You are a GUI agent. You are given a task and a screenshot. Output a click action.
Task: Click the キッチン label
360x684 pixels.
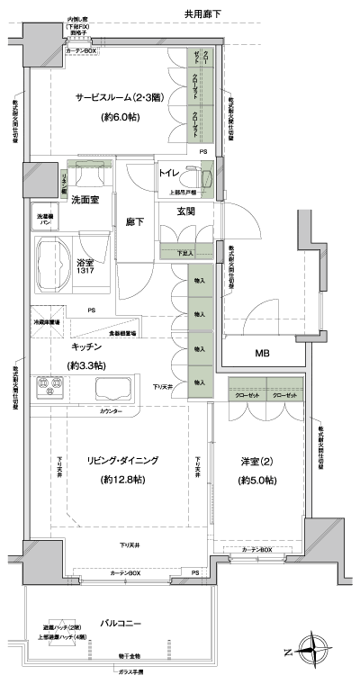pyautogui.click(x=88, y=346)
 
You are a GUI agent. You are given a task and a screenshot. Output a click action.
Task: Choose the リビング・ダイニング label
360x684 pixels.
pyautogui.click(x=116, y=460)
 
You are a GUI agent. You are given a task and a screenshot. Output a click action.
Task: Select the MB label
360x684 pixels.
pyautogui.click(x=262, y=352)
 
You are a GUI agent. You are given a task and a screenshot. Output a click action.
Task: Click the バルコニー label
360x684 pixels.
pyautogui.click(x=118, y=622)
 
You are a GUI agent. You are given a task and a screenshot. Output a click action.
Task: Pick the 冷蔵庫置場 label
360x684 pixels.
pyautogui.click(x=47, y=321)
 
